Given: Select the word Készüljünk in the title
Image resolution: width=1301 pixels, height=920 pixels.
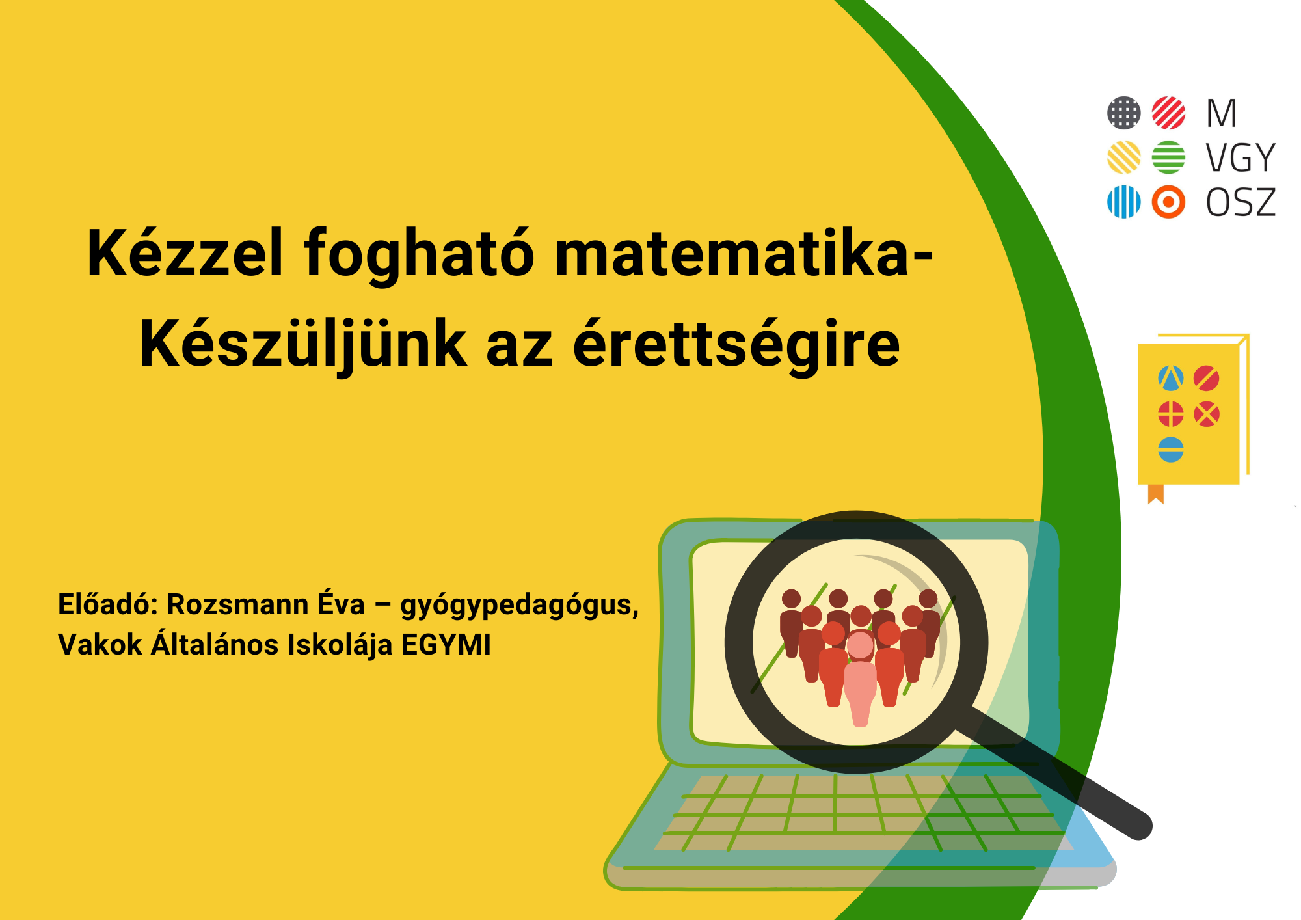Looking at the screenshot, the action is point(303,345).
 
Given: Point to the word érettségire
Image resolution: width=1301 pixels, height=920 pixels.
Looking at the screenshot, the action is point(736,345).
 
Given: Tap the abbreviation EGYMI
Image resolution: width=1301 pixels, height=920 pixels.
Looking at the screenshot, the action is point(446,645).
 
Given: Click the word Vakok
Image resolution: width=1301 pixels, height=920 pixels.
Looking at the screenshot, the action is point(100,645).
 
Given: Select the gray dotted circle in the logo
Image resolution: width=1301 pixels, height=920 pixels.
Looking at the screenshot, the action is point(1124,113).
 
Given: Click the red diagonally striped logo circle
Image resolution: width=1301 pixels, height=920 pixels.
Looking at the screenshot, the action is point(1168,113).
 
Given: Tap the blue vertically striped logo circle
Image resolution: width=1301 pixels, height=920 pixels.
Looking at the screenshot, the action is point(1124,202).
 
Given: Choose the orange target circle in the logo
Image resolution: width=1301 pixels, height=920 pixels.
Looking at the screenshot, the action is point(1168,202).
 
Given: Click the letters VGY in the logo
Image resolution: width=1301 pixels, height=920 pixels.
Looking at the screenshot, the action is point(1241,158).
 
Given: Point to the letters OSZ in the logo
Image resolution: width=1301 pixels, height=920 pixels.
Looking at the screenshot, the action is point(1241,202).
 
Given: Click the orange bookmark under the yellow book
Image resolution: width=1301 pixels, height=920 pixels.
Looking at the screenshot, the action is point(1156,494).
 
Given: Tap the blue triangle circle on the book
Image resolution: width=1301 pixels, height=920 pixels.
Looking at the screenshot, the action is point(1171,379).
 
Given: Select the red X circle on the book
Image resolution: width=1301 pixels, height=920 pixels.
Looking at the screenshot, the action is point(1207,414).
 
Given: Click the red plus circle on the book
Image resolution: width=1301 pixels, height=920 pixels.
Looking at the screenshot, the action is point(1171,414).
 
